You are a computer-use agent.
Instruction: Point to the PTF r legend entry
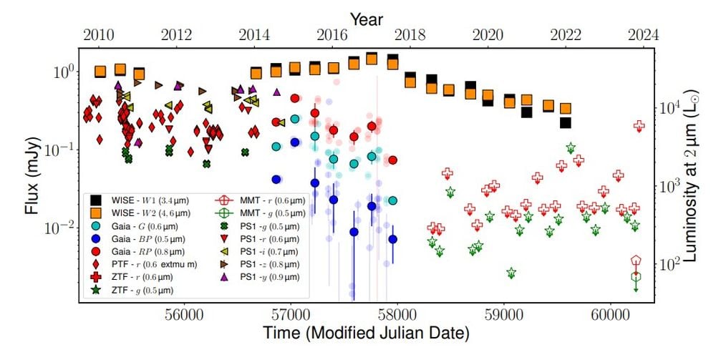[132, 264]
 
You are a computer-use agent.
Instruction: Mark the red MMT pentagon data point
[637, 261]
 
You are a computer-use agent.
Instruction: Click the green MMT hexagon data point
[637, 276]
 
